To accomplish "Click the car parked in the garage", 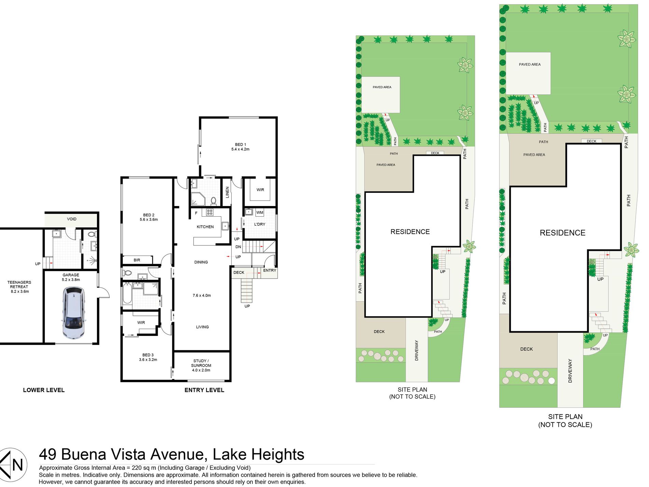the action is click(x=73, y=313).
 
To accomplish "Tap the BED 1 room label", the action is click(x=240, y=147).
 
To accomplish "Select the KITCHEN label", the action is click(x=205, y=227).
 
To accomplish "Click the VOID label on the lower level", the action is click(x=72, y=219).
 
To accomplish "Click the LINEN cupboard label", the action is click(x=227, y=192).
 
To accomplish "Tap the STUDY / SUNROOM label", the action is click(x=201, y=366).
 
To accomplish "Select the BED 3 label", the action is click(x=148, y=357).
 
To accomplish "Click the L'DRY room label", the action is click(x=260, y=225).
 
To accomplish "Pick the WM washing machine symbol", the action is click(x=260, y=213).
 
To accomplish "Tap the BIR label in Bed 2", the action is click(x=137, y=260).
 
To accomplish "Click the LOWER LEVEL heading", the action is click(x=44, y=390).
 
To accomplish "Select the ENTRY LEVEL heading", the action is click(x=204, y=390).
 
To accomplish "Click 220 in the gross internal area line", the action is click(x=137, y=468).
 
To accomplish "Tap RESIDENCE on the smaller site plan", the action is click(x=410, y=232).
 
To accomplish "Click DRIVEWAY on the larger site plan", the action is click(x=570, y=371).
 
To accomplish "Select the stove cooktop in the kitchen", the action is click(x=209, y=212).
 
